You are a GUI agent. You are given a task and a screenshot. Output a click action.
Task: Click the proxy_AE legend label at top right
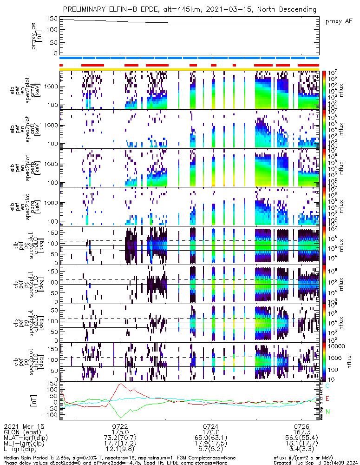pos(340,21)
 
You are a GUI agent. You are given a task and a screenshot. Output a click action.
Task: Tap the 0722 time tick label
pos(120,426)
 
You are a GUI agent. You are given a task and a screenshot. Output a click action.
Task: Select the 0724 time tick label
pos(211,426)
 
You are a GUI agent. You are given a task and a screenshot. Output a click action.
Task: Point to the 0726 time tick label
pos(302,426)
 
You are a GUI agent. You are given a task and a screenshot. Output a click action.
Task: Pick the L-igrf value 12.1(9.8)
pos(120,451)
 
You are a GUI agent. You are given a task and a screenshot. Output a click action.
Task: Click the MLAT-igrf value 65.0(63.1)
pos(211,438)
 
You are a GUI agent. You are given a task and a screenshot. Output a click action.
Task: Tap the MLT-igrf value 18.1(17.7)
pos(302,445)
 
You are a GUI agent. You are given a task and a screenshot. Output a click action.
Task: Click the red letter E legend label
pos(327,399)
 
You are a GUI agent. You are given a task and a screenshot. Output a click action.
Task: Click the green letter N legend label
pos(327,412)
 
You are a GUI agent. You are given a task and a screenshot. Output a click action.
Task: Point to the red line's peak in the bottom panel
pos(121,384)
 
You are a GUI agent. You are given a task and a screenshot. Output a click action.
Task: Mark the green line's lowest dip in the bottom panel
pos(121,417)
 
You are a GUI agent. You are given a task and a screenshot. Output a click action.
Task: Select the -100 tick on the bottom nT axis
pos(50,414)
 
